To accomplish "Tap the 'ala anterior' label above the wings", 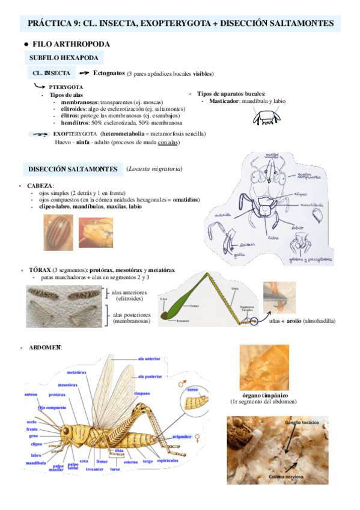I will (148, 358).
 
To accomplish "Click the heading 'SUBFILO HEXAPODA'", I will (64, 58).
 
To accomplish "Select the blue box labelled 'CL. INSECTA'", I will (50, 73).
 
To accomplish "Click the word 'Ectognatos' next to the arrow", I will (109, 73).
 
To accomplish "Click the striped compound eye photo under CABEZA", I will (58, 232).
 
